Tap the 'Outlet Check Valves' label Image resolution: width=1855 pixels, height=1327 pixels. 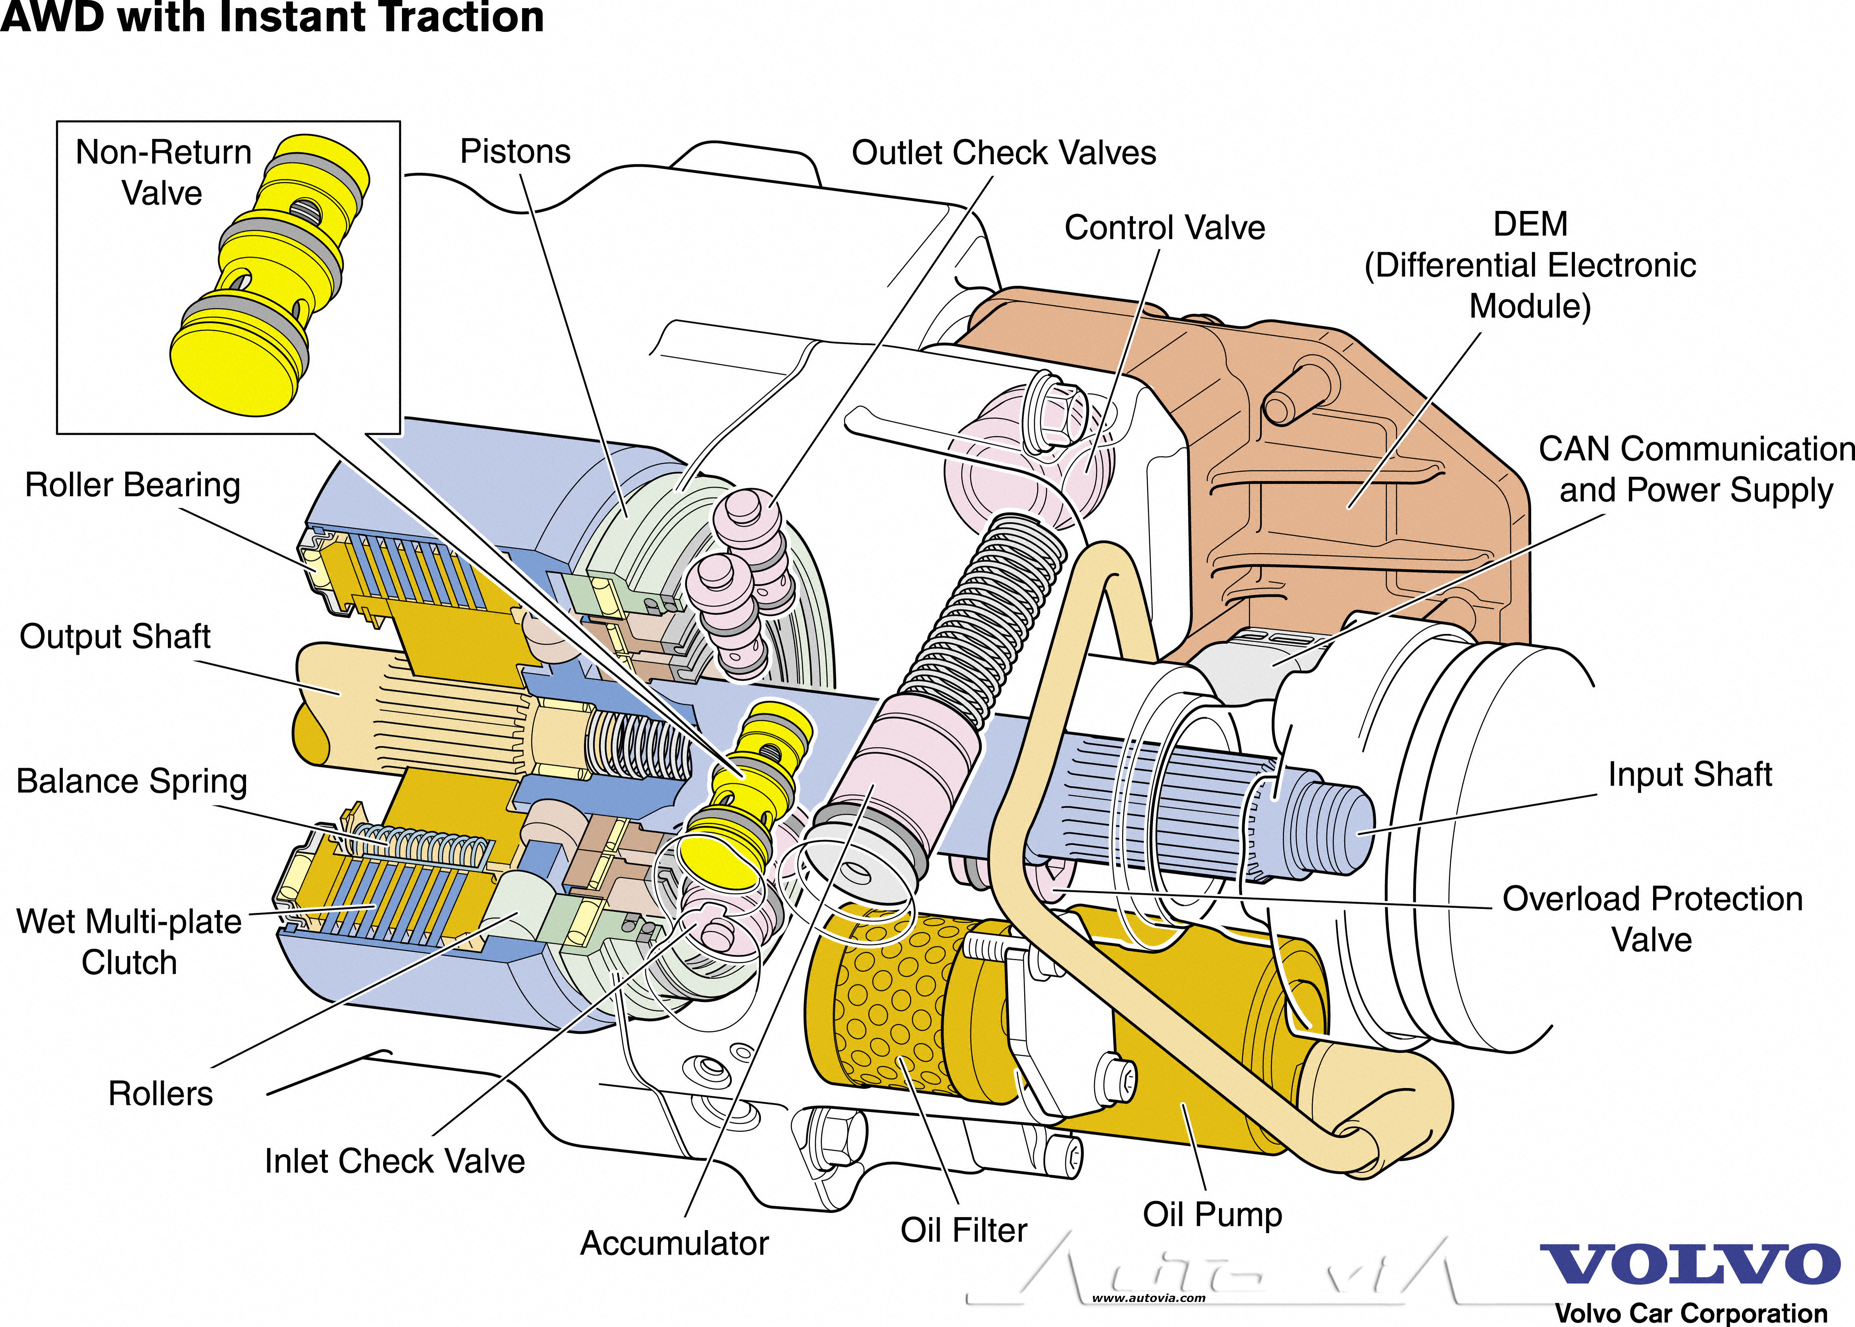pos(1004,153)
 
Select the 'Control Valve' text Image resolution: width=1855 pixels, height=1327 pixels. pos(1164,228)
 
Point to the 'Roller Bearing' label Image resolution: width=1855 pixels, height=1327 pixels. pos(132,485)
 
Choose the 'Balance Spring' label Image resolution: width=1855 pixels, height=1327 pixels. pos(132,781)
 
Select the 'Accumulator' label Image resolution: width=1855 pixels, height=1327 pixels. pos(674,1244)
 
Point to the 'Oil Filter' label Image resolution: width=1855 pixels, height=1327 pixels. pos(964,1231)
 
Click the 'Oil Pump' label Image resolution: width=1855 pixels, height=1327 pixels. pos(1213,1215)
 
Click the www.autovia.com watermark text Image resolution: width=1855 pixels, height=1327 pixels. pos(1148,1297)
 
